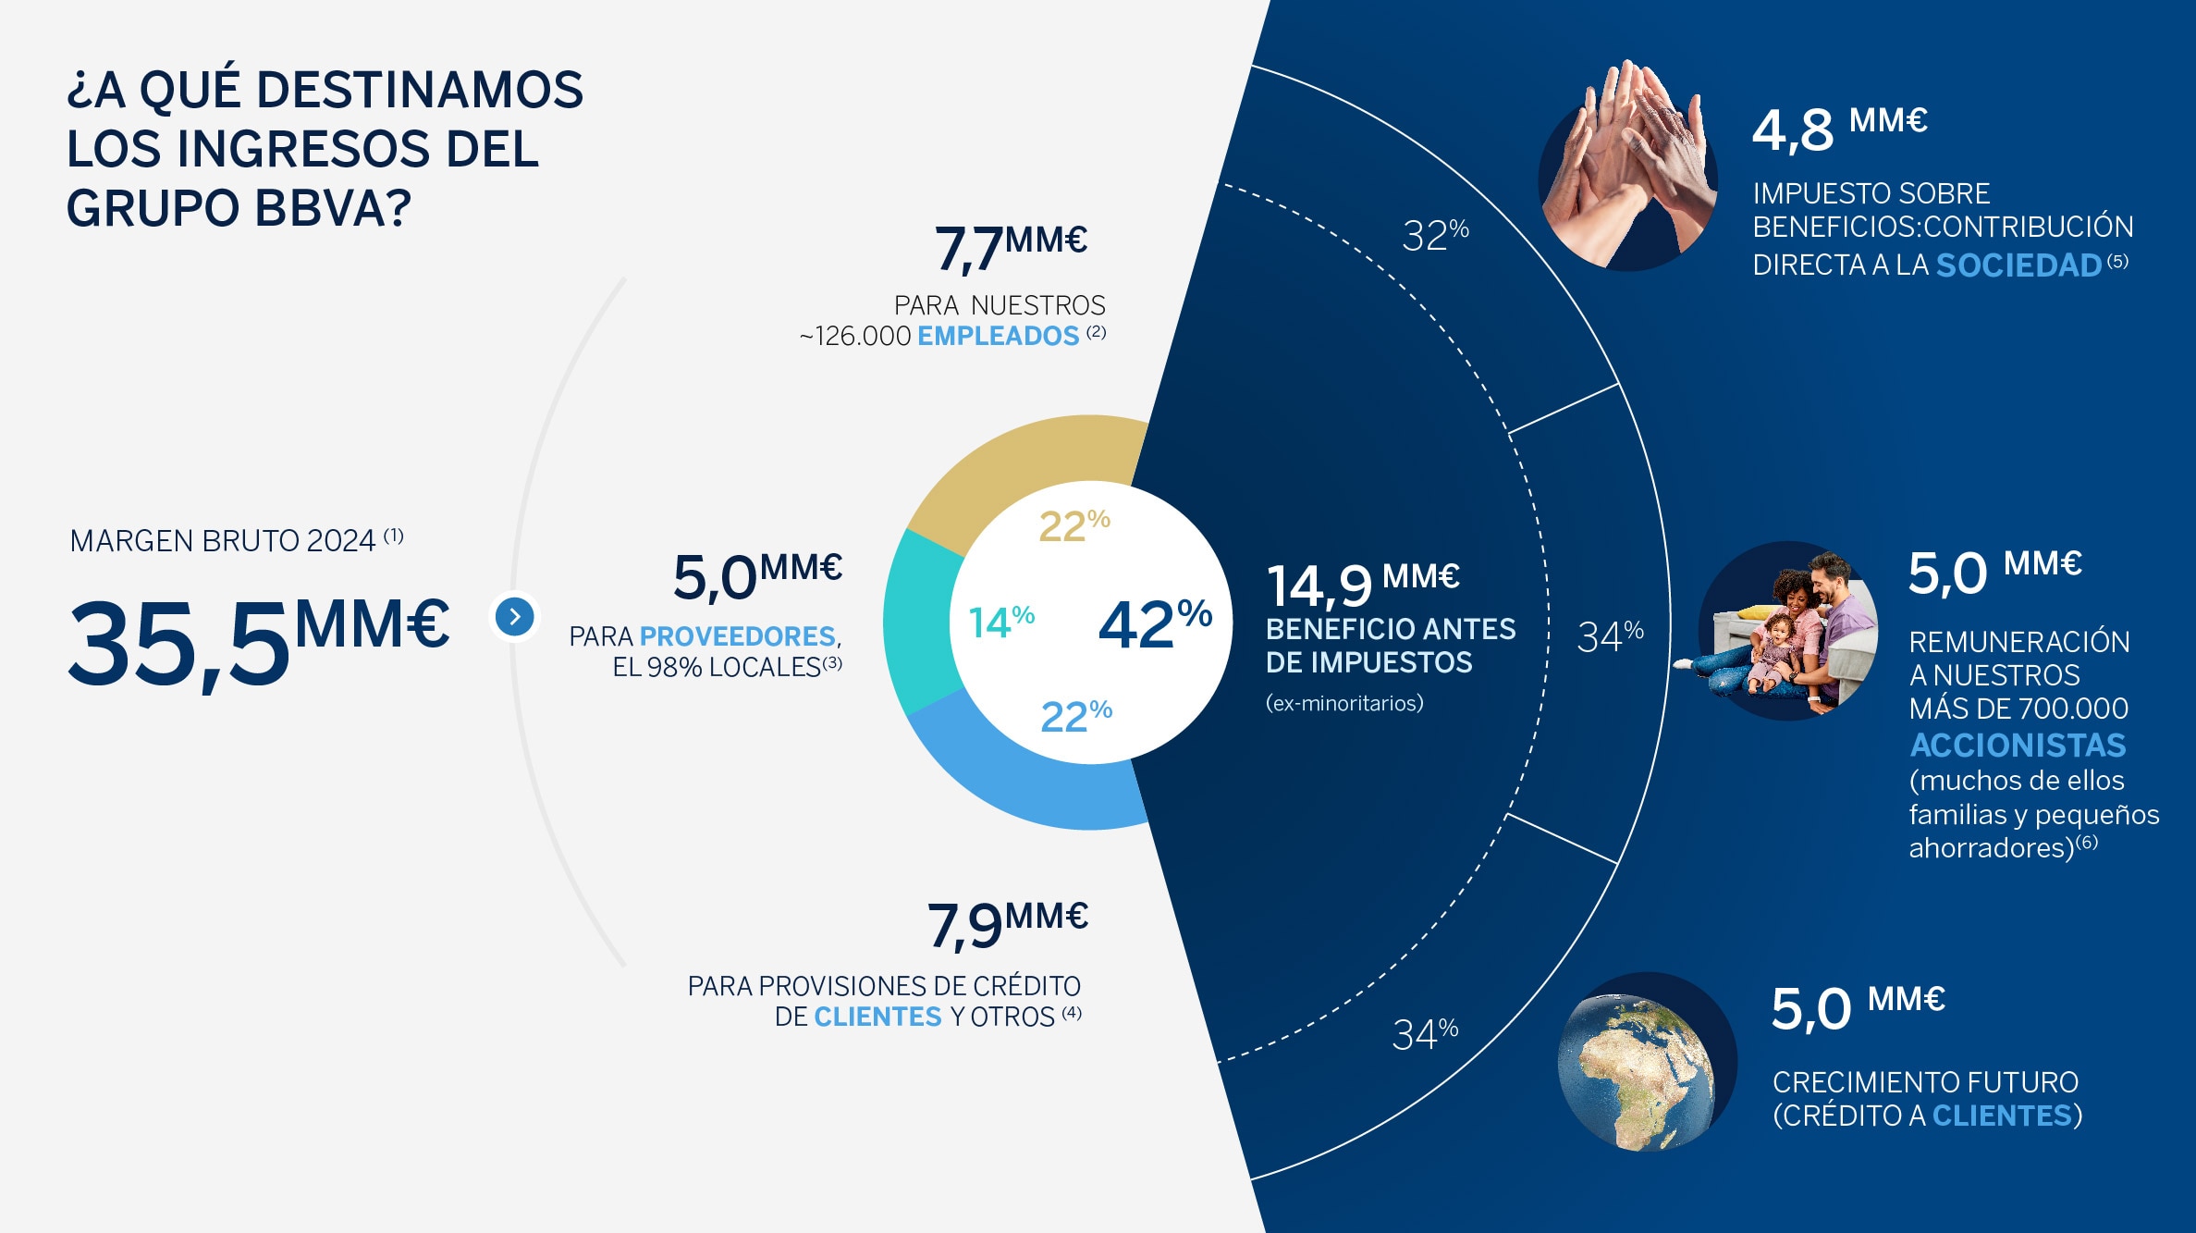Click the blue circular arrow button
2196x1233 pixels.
515,617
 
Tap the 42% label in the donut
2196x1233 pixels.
1155,624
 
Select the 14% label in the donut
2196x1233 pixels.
1001,622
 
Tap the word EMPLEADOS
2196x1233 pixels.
998,336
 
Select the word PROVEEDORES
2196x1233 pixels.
737,636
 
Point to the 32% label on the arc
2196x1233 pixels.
1435,235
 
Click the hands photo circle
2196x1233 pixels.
1628,176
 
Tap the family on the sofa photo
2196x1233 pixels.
1788,631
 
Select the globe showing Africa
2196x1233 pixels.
1647,1062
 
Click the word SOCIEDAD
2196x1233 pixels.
2018,265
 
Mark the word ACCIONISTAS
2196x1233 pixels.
2018,745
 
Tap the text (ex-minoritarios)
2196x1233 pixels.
1344,703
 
